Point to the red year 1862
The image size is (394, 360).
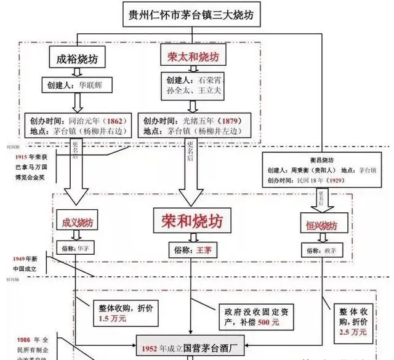point(118,121)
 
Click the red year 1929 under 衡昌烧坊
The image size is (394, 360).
point(353,180)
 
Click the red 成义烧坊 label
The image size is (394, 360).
point(77,222)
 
